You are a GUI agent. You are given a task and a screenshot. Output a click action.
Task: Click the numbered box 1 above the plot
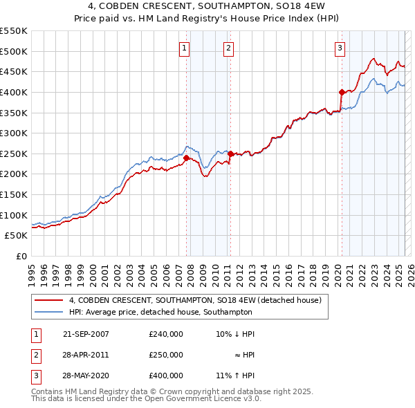185,48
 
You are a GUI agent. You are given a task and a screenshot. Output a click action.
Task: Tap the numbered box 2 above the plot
228,48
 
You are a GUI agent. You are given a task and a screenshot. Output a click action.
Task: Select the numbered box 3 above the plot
340,48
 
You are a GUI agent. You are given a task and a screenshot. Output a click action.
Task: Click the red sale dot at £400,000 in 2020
342,92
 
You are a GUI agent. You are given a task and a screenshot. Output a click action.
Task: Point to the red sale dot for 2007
186,158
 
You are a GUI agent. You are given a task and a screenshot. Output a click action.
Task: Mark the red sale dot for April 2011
230,154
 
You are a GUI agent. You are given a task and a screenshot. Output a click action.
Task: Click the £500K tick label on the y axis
14,51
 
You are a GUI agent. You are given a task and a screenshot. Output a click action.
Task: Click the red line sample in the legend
48,301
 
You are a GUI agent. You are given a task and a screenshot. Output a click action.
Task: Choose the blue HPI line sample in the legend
48,312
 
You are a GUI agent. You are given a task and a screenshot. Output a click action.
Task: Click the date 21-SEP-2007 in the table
86,334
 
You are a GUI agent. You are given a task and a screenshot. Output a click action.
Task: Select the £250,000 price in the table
166,355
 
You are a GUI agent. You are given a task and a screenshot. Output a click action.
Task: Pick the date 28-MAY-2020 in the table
86,375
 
